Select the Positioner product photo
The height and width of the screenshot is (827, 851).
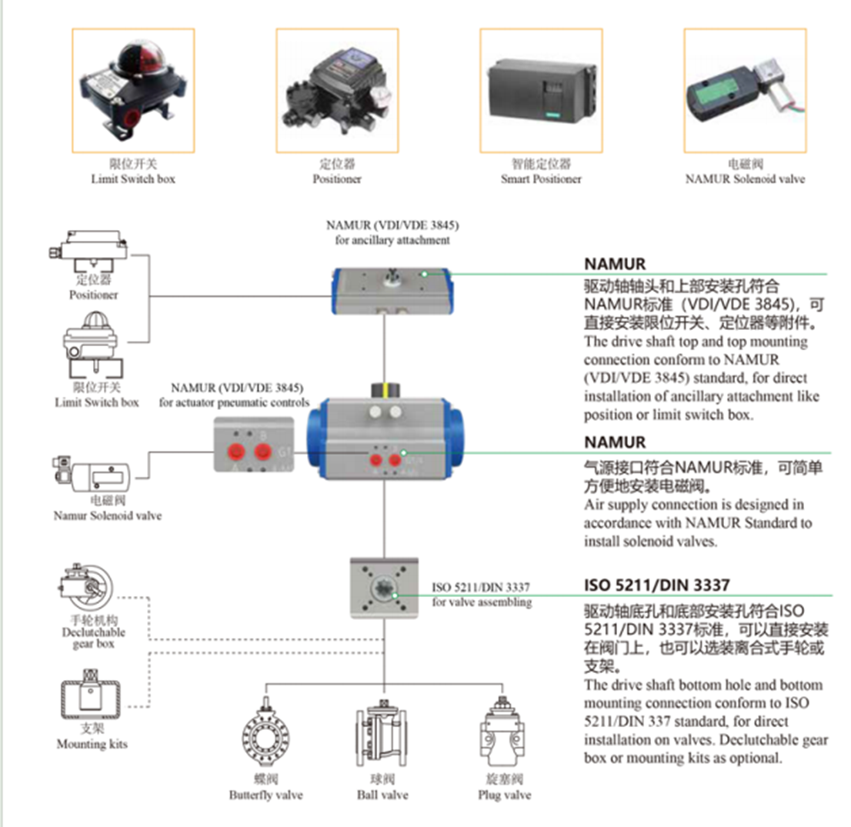[336, 89]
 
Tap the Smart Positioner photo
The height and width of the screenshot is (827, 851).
[540, 89]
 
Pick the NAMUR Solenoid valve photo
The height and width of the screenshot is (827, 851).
[745, 89]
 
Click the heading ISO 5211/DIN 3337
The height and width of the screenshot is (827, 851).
[656, 585]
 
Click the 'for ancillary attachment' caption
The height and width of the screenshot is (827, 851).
[392, 240]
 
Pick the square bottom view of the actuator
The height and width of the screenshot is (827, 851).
[385, 588]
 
